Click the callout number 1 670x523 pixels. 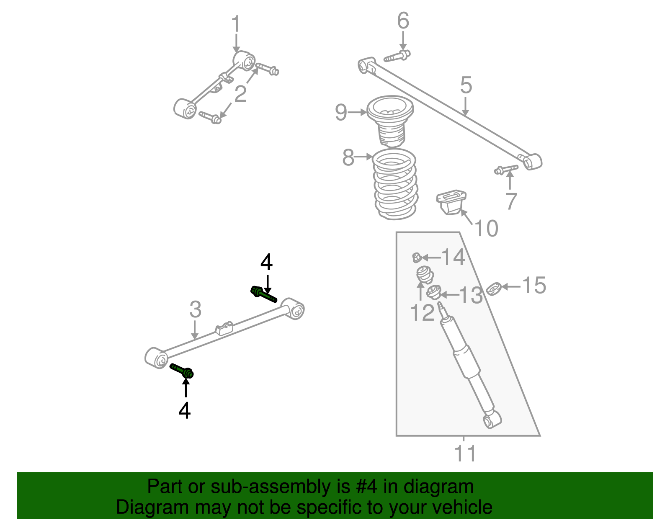[236, 24]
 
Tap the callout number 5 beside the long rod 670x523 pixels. [466, 85]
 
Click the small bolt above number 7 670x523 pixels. [506, 169]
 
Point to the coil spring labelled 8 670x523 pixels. [395, 184]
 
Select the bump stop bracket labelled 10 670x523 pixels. [451, 203]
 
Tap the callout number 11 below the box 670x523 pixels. [465, 453]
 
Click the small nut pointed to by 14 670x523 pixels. [416, 257]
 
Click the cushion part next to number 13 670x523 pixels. [434, 292]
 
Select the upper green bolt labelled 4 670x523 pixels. [263, 294]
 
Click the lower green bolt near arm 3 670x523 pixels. [183, 371]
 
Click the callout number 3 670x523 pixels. [195, 310]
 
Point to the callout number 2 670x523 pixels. [240, 94]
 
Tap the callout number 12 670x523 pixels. [423, 312]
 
